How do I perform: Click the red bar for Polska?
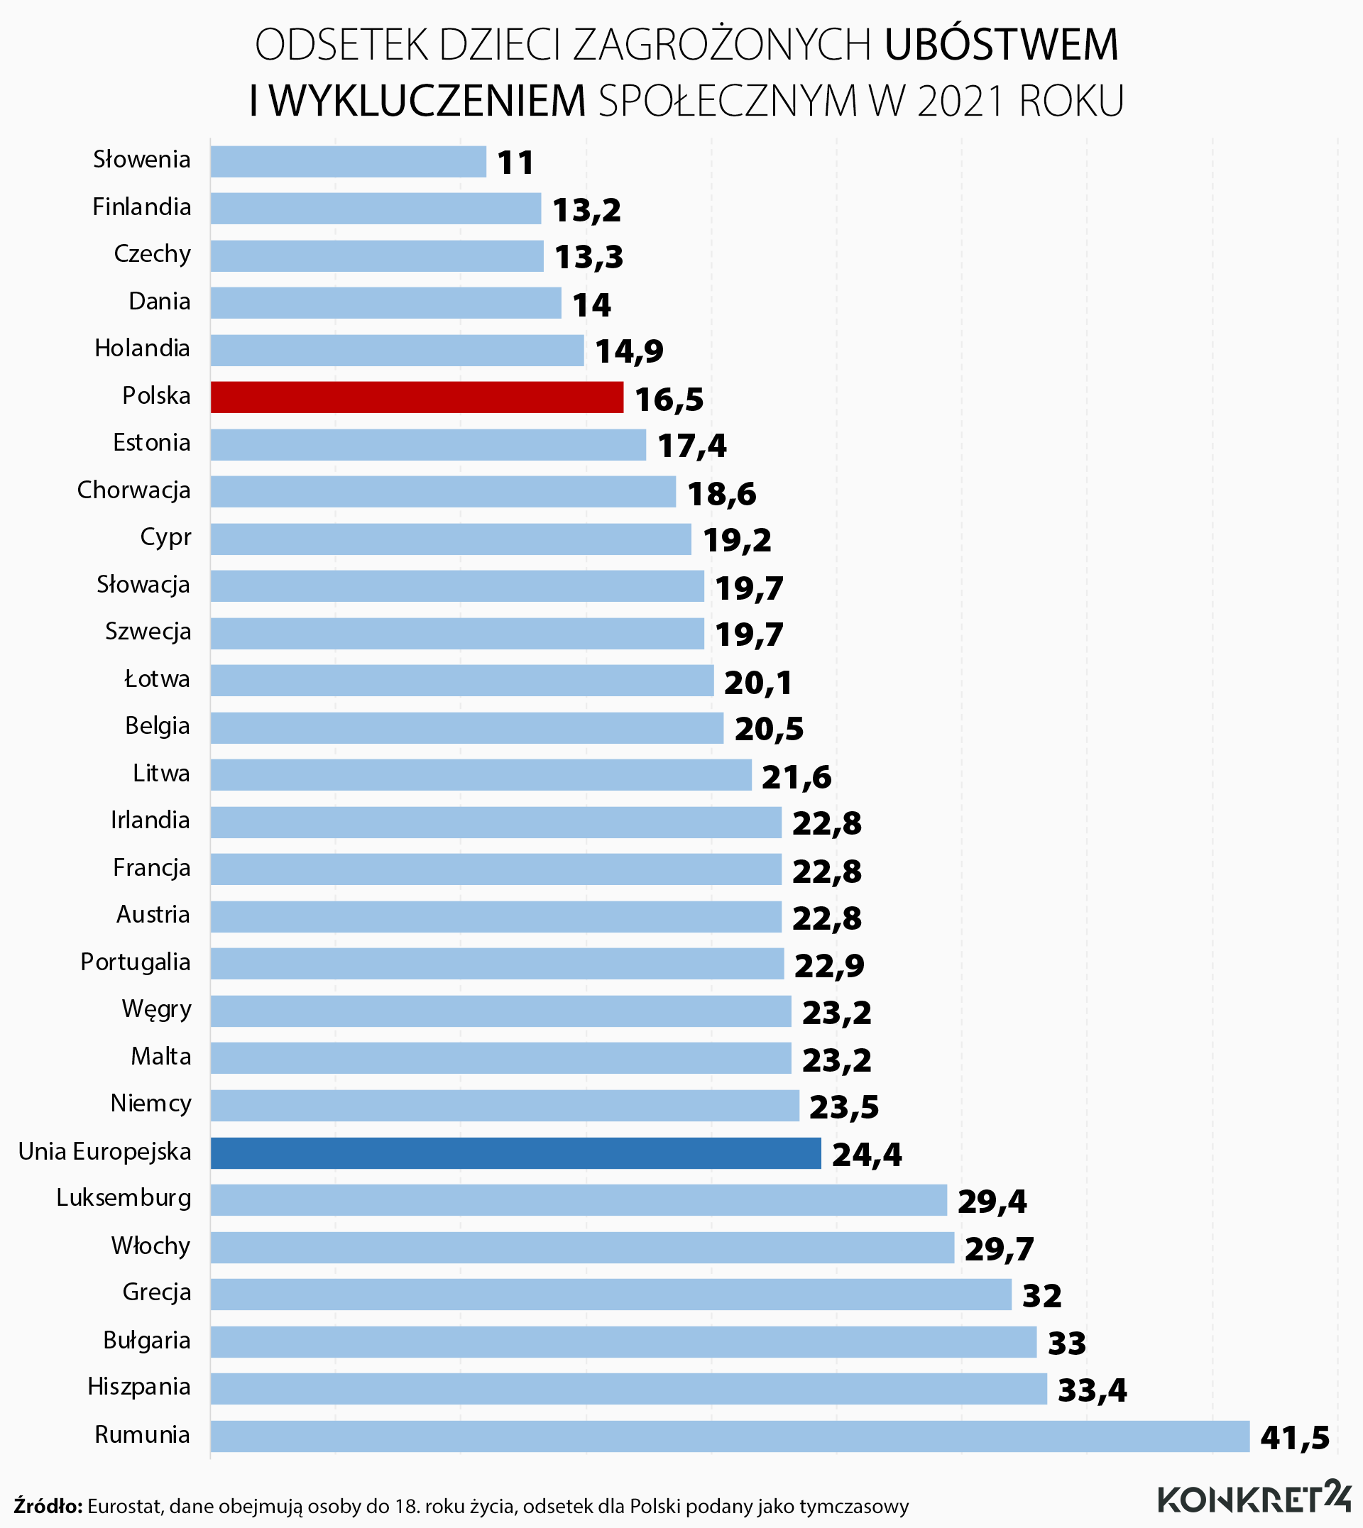pos(417,397)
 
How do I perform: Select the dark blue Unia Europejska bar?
pos(515,1153)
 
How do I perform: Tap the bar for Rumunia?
pos(730,1436)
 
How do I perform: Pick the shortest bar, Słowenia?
pos(349,161)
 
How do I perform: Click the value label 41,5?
pos(1295,1437)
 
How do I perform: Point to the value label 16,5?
pos(669,399)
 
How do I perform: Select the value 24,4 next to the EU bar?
pos(867,1155)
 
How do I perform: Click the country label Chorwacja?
pos(134,490)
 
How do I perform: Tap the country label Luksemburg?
pos(124,1198)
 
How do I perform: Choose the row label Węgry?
pos(156,1009)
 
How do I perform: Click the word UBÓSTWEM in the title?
pos(1001,45)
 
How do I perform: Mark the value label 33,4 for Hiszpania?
pos(1092,1390)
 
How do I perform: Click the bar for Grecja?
pos(611,1295)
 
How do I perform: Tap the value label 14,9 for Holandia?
pos(629,351)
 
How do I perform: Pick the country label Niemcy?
pos(150,1104)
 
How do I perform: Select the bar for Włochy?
pos(582,1247)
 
